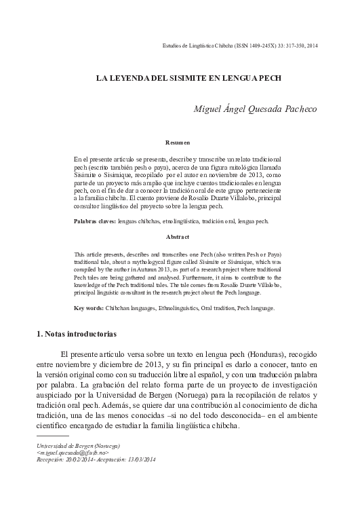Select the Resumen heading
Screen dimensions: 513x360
pyautogui.click(x=178, y=143)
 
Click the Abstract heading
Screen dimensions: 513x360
pyautogui.click(x=178, y=237)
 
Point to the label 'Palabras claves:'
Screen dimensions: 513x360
pyautogui.click(x=94, y=221)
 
